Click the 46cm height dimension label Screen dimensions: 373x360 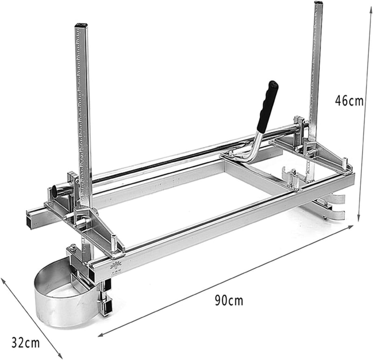pos(349,101)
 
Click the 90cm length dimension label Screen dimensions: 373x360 pos(229,300)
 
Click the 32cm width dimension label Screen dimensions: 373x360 pos(26,343)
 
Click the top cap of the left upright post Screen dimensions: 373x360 pos(81,25)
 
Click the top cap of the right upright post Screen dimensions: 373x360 pos(318,2)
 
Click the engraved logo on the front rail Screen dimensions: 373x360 pos(116,265)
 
